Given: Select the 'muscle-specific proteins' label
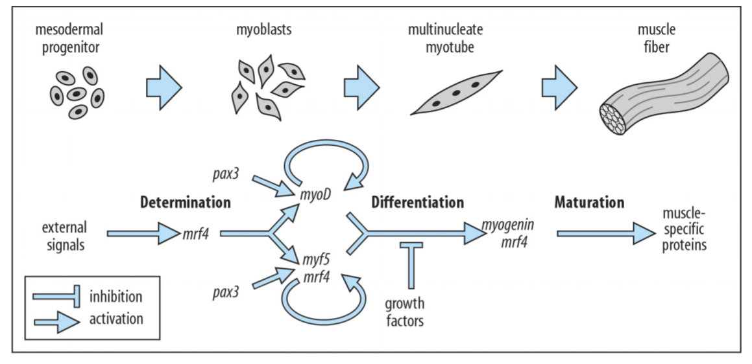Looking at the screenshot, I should point(686,233).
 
